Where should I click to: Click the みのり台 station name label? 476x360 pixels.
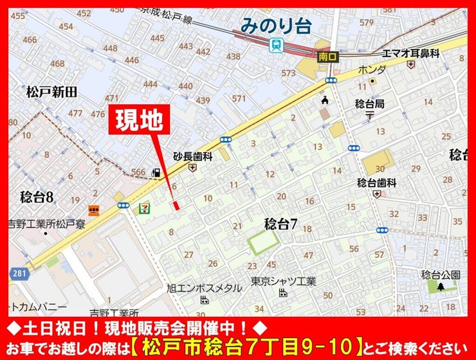tap(276, 26)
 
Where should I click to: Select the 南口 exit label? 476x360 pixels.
tap(327, 57)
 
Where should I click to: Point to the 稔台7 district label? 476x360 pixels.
tap(280, 224)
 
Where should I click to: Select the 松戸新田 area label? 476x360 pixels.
tap(51, 91)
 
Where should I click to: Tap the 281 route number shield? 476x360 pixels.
tap(19, 274)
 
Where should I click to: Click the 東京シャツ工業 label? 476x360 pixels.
tap(284, 281)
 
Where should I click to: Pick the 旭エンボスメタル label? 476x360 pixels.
tap(204, 288)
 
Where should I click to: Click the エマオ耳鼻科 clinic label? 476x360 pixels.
tap(410, 53)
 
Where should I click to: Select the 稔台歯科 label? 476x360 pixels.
tap(377, 183)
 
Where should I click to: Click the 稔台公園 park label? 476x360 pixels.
tap(441, 274)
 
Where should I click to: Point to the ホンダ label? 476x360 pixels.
tap(372, 69)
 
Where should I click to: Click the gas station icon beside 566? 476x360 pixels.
tap(155, 172)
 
